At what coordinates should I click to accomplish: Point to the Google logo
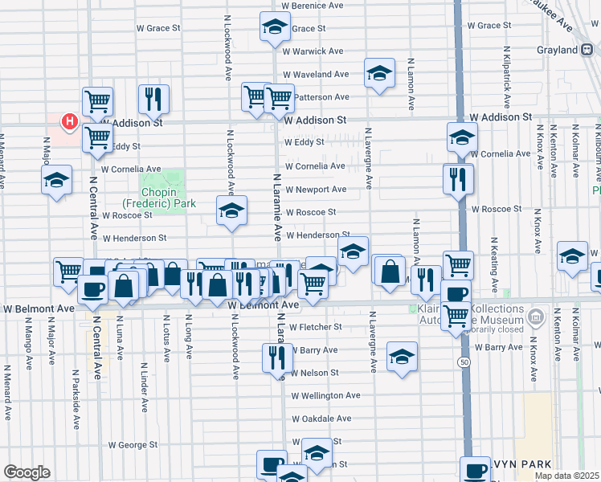click(27, 472)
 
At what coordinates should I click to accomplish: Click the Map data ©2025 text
click(566, 476)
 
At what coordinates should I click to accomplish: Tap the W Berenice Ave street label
click(313, 5)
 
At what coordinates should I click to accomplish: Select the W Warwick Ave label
click(313, 51)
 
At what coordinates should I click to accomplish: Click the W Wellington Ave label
click(325, 396)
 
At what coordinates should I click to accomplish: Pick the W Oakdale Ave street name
click(321, 419)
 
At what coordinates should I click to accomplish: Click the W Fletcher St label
click(316, 327)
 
